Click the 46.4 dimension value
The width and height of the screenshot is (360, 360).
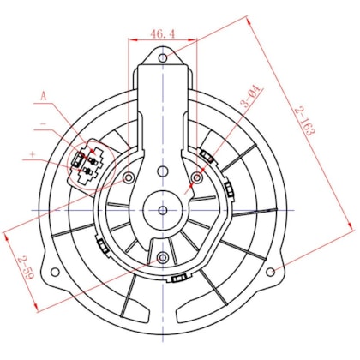click(162, 34)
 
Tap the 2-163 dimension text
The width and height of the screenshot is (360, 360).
click(304, 121)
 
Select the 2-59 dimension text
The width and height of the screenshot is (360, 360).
click(27, 267)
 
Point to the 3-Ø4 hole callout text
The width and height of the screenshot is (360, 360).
click(251, 96)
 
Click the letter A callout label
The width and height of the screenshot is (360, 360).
click(43, 96)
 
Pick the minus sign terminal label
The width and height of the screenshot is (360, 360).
click(44, 124)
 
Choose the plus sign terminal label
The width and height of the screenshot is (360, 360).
click(33, 154)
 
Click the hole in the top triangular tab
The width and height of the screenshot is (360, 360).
click(163, 58)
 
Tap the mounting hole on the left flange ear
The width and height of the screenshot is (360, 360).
click(55, 272)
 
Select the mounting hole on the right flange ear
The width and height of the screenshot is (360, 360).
click(270, 272)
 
